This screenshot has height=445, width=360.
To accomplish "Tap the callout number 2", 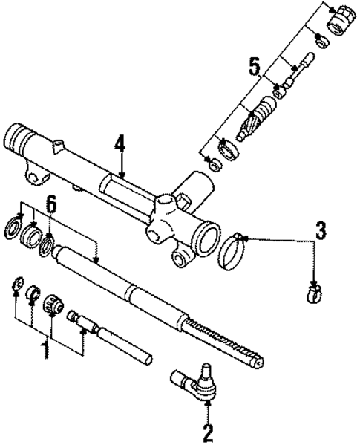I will point(208,432).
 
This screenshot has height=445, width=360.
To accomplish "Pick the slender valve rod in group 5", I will point(301,71).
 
